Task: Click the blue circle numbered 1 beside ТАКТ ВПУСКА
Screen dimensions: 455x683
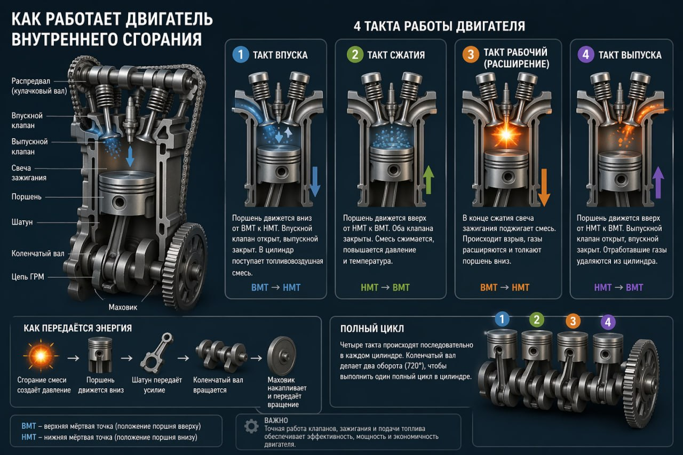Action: point(241,55)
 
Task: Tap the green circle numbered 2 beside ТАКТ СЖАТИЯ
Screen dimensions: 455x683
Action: point(354,55)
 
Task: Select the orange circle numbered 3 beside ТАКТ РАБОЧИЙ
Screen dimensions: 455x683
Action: point(470,55)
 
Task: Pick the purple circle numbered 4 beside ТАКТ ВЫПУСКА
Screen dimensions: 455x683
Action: point(586,55)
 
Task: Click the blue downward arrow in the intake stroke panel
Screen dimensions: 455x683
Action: point(315,181)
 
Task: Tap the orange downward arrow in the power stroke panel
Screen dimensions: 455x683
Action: point(544,187)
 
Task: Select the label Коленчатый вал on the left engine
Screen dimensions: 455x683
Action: point(38,253)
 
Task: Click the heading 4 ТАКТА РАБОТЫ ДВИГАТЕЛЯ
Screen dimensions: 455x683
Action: point(439,26)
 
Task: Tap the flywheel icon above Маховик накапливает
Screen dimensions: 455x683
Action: point(282,354)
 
